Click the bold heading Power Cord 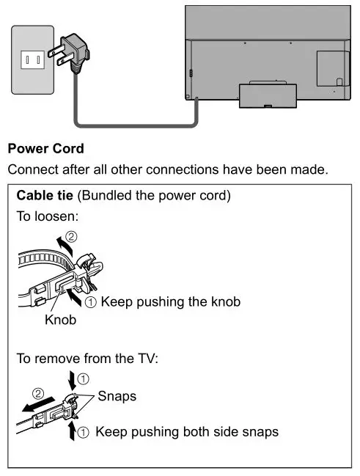pyautogui.click(x=45, y=149)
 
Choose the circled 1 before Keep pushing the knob pyautogui.click(x=91, y=301)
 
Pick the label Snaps pyautogui.click(x=117, y=396)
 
